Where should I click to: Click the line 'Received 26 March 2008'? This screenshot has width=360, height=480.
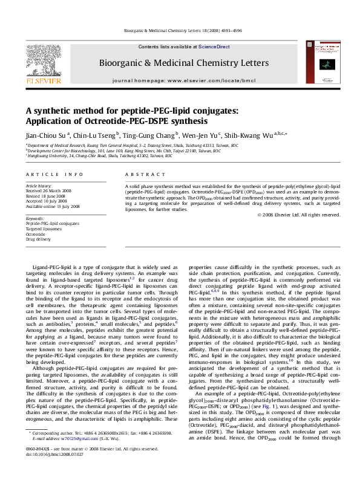coord(47,190)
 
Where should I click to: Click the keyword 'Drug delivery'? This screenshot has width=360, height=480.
coord(38,239)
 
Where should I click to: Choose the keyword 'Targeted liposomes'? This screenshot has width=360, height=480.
coord(43,229)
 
